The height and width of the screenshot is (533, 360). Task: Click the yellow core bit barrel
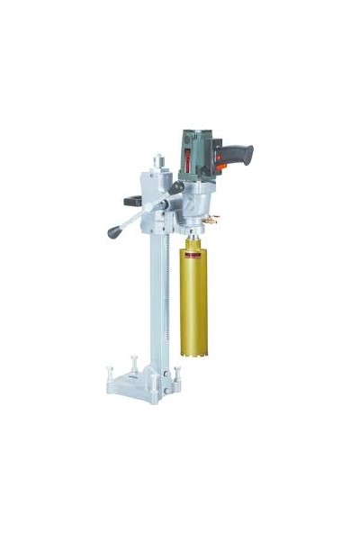[193, 306]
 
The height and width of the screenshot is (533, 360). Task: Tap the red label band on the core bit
[193, 254]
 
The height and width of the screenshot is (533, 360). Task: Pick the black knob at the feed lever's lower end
[114, 232]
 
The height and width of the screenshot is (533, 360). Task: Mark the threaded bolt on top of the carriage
[157, 163]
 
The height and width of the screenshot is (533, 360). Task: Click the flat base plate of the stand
[135, 387]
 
